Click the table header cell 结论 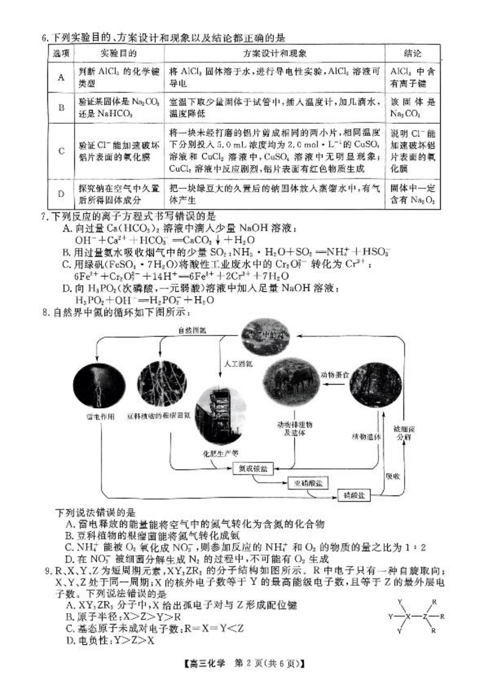[x=413, y=53]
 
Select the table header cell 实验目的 [x=119, y=53]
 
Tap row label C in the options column [x=62, y=151]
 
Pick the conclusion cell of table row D [x=413, y=194]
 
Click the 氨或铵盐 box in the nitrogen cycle [x=253, y=468]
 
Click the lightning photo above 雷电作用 [x=99, y=383]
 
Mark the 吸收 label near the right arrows [x=392, y=476]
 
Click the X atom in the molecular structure [x=408, y=617]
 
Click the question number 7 [x=44, y=217]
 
